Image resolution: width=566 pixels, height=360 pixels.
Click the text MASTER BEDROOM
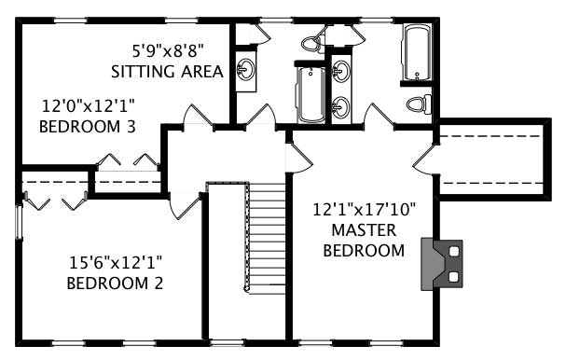click(363, 240)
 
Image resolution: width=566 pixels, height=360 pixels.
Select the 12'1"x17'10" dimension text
click(363, 210)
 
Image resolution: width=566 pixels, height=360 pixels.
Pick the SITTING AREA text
click(167, 71)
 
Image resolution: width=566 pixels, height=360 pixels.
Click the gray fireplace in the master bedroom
click(441, 262)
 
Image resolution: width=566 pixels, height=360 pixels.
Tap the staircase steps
click(268, 237)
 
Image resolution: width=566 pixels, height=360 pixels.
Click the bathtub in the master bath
click(417, 52)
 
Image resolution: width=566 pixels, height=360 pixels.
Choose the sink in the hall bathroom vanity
click(246, 68)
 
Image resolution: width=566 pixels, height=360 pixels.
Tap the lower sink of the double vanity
click(341, 106)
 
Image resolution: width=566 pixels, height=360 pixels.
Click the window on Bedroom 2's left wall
click(19, 222)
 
